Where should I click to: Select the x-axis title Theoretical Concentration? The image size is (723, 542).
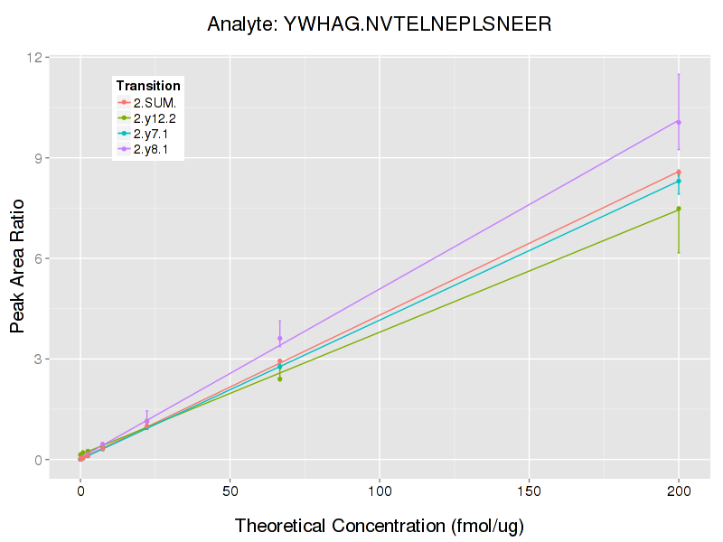tap(380, 526)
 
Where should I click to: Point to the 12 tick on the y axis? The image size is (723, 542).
tap(35, 58)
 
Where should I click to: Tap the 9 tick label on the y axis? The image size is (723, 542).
tap(39, 158)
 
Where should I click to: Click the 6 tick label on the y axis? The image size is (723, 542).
tap(39, 259)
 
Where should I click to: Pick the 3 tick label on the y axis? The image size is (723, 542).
tap(39, 360)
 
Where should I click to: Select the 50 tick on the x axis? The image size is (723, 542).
tap(230, 491)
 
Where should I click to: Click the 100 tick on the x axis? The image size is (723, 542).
tap(380, 491)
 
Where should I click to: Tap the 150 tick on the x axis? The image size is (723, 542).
tap(529, 491)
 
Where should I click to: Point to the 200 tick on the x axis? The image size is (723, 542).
tap(679, 491)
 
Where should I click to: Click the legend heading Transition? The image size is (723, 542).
tap(148, 86)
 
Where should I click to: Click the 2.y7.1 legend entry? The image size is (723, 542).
tap(154, 134)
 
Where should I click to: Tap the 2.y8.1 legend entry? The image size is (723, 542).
tap(154, 150)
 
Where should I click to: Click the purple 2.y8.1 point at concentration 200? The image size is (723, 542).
tap(679, 122)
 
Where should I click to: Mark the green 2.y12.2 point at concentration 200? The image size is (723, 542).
tap(679, 209)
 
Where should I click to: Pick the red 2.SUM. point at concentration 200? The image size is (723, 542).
tap(679, 172)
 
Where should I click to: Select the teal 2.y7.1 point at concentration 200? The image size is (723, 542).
tap(679, 181)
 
